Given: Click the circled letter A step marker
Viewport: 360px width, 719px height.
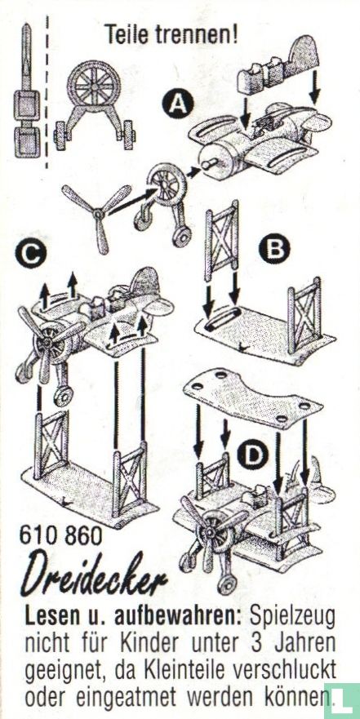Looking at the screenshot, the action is click(177, 102).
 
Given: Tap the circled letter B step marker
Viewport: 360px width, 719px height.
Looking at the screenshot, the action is click(274, 248).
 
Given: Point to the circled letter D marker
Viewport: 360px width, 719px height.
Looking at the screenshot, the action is click(252, 454).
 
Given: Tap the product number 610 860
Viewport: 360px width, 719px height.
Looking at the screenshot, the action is click(61, 535).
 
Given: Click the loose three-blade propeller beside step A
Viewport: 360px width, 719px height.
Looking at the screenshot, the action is click(97, 216).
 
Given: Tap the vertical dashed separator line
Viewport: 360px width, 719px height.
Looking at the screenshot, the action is click(47, 91).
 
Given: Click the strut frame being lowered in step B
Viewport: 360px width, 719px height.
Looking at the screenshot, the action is click(222, 242).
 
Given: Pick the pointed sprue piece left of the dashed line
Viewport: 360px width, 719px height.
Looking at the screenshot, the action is click(27, 90).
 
